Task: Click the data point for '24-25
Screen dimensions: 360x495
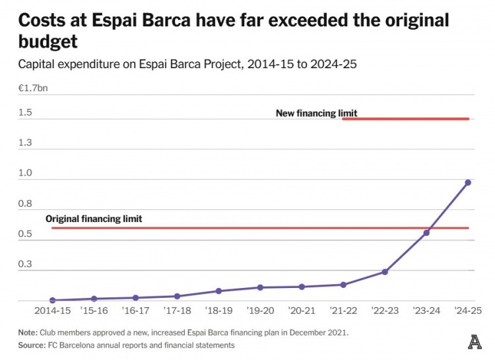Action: pos(467,182)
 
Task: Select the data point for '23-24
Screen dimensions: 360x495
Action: pos(426,233)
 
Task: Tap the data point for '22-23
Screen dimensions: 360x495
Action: pos(385,271)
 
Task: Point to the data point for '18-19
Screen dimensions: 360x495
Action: pos(218,291)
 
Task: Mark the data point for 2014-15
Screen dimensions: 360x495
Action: pos(52,300)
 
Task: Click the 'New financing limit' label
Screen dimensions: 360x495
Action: pos(316,113)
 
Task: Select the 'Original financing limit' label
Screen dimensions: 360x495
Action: pos(94,219)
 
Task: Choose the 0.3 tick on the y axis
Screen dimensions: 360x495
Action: pos(25,264)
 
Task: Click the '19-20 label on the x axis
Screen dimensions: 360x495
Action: pos(260,310)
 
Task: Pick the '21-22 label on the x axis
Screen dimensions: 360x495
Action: pos(343,310)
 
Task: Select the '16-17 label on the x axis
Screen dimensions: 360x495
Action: pos(135,310)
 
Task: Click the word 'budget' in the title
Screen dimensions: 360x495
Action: pos(48,42)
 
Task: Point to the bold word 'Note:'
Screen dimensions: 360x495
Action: pos(28,332)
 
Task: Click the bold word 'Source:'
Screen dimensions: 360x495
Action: pos(31,345)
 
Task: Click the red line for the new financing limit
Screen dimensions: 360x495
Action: pos(406,119)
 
